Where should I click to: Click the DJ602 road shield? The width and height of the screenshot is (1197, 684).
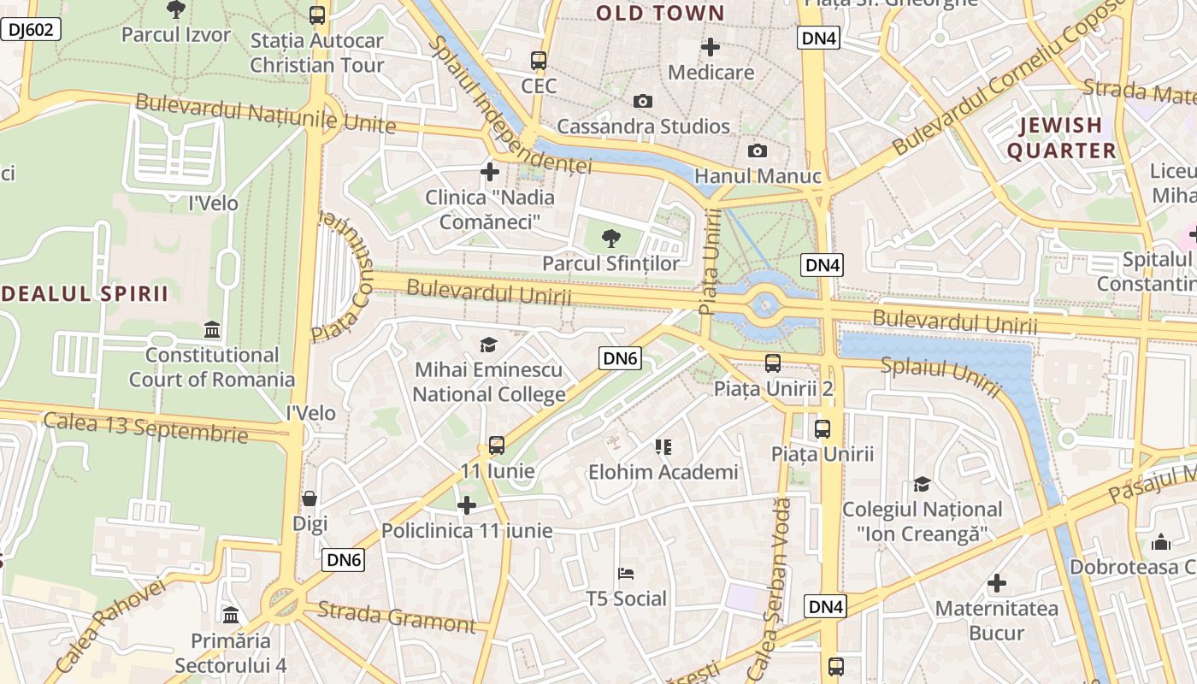click(31, 30)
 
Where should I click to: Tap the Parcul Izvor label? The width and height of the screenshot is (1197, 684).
click(176, 35)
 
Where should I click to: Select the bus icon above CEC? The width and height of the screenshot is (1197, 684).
click(538, 61)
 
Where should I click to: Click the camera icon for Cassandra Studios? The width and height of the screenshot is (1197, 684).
click(643, 102)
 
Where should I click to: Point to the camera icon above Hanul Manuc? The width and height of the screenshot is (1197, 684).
click(757, 151)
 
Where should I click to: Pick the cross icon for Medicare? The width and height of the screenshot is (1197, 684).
click(710, 47)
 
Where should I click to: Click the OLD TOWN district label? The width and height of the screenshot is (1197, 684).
click(660, 14)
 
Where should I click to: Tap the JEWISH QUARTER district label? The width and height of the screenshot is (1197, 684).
click(1061, 138)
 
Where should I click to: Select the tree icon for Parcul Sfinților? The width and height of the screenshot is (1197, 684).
click(610, 239)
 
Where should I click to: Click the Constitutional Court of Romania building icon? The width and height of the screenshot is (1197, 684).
click(211, 329)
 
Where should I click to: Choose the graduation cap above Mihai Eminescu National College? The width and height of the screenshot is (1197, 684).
click(488, 345)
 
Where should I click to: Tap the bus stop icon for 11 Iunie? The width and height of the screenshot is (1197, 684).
click(497, 445)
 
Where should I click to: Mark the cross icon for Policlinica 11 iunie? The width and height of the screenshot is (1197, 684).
click(467, 505)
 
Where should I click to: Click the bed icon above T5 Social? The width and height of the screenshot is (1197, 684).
click(626, 573)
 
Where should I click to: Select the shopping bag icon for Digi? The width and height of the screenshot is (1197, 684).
click(310, 498)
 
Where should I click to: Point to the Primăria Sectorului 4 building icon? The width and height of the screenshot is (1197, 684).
click(231, 615)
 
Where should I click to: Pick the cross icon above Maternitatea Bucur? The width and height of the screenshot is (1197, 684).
click(996, 584)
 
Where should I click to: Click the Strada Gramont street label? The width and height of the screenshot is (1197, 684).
click(397, 616)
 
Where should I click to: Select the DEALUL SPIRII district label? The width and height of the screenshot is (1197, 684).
click(85, 293)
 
